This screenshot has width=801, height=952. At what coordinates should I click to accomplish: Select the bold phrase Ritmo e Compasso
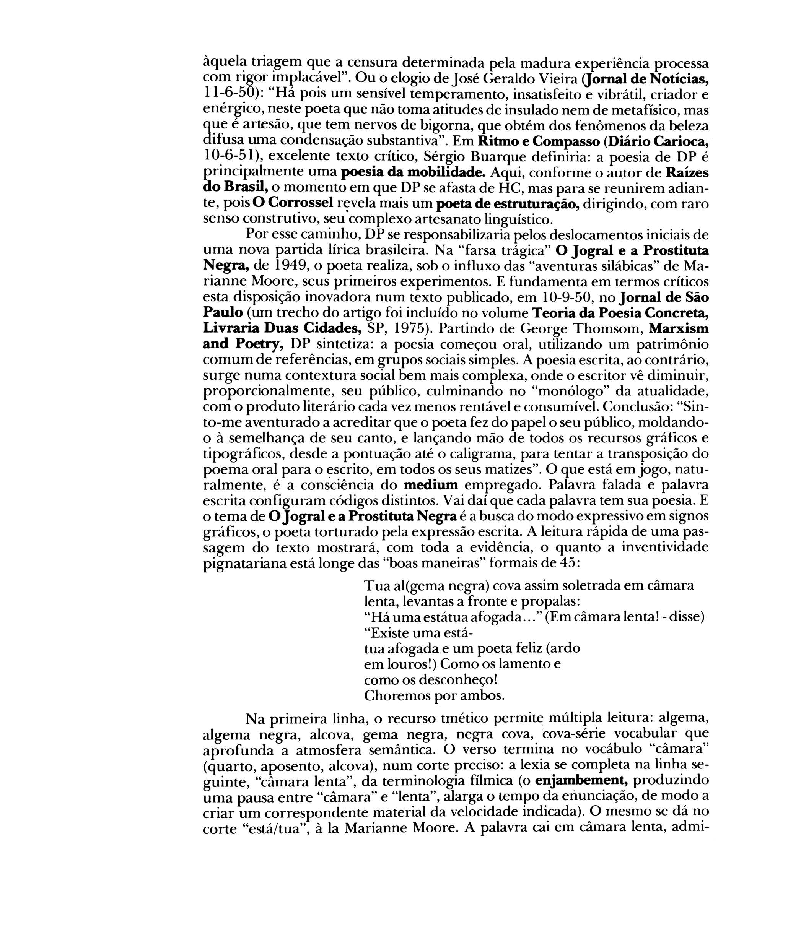539,141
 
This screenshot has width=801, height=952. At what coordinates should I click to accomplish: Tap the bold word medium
430,485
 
